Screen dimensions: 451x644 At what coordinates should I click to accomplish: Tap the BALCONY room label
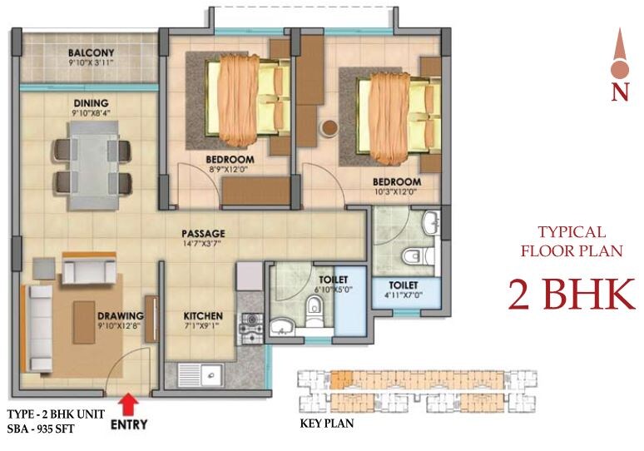point(92,54)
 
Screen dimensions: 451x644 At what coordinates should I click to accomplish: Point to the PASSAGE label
point(204,234)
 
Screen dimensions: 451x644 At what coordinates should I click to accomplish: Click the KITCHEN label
point(203,316)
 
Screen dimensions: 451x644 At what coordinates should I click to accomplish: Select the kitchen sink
point(205,374)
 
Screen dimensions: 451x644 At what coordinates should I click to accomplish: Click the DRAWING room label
point(121,316)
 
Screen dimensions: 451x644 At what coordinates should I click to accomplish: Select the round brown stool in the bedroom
point(329,128)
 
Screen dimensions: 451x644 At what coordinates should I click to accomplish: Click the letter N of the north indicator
point(619,92)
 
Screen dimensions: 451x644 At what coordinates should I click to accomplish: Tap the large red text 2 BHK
point(571,295)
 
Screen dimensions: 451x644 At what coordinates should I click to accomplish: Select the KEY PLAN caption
point(326,423)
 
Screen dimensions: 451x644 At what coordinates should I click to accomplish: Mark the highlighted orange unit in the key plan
point(341,379)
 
